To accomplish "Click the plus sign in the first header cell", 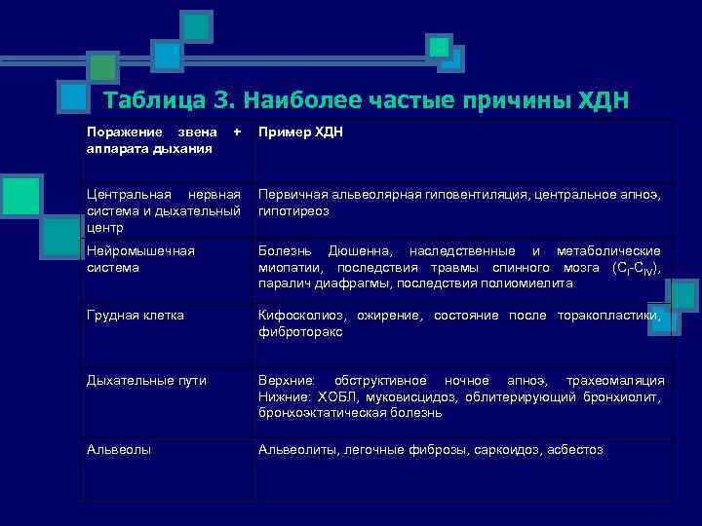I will pos(235,131).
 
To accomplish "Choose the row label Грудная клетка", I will pos(135,316).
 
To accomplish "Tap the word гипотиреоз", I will pos(293,210).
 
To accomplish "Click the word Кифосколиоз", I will pos(295,316).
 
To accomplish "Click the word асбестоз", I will pos(575,450).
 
